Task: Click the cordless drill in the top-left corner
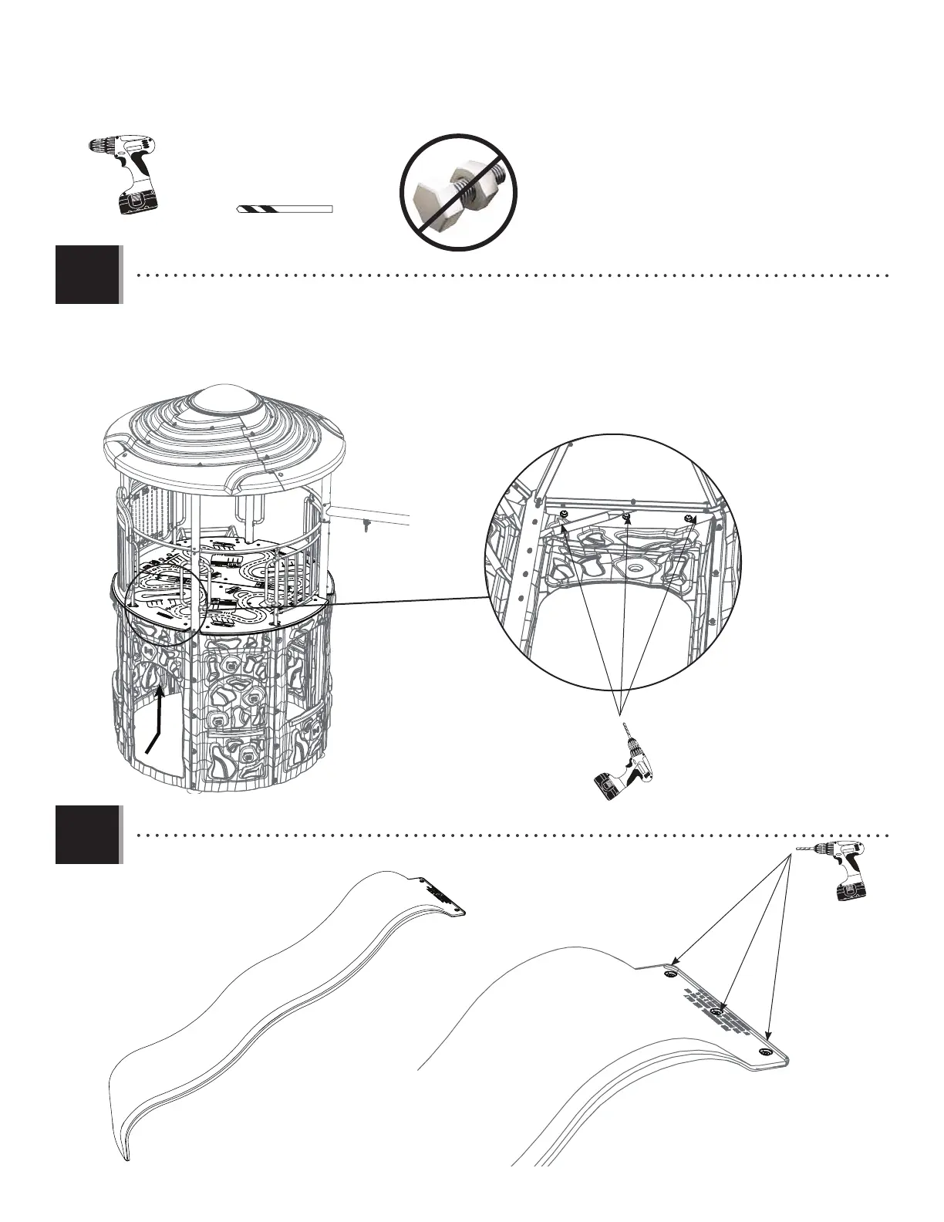pos(123,174)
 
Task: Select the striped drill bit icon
pos(284,209)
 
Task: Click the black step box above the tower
pos(88,275)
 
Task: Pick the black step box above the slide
pos(88,835)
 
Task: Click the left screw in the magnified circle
pos(565,514)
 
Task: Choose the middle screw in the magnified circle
pos(627,515)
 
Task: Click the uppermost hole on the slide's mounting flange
pos(669,975)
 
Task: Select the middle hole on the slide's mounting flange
pos(717,1011)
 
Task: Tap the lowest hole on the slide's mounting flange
pos(765,1052)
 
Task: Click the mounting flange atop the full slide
pos(443,896)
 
